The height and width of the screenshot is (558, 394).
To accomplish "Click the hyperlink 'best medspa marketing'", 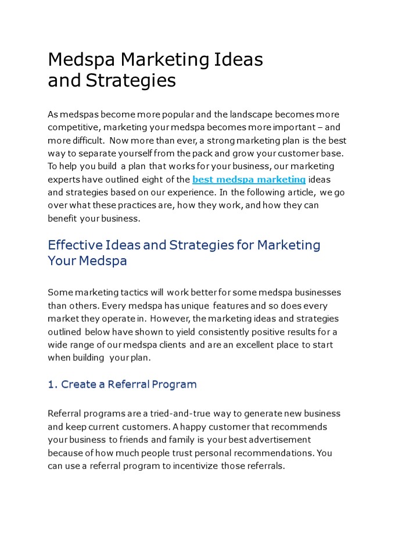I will pos(249,180).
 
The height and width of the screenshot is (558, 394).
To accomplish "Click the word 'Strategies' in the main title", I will pos(131,80).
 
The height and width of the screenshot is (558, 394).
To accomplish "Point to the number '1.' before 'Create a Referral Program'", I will pos(53,384).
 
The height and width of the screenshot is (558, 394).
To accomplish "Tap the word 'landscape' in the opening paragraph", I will pos(237,115).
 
